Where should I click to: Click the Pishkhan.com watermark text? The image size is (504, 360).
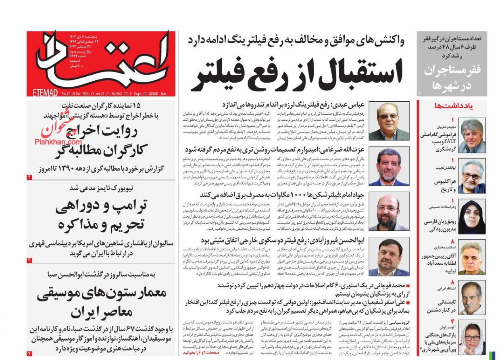coord(58,142)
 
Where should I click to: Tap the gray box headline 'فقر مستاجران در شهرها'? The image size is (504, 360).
coord(452,77)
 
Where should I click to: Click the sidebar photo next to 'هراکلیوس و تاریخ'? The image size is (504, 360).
coord(472,176)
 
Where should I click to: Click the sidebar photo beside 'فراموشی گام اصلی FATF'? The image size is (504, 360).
coord(472,136)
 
